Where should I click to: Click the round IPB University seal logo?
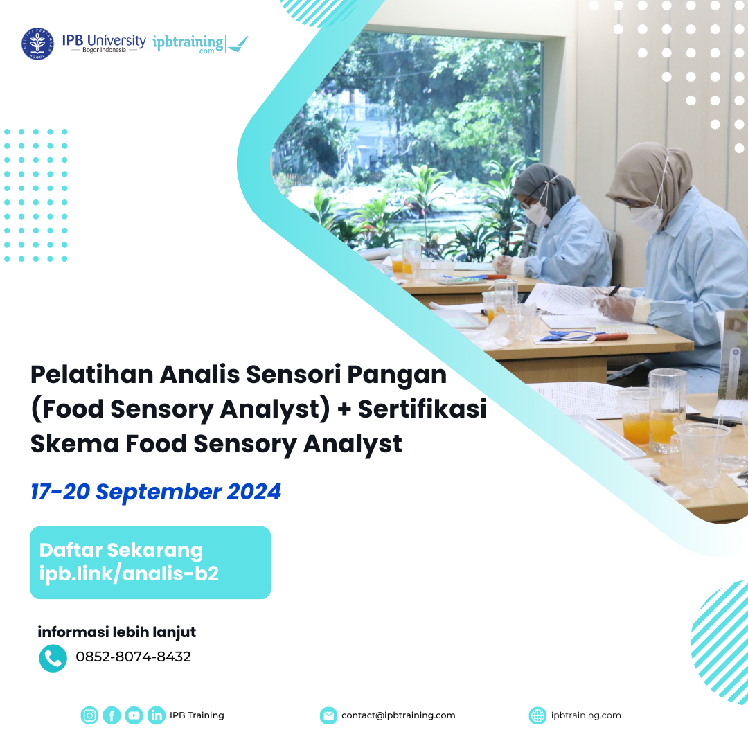click(37, 44)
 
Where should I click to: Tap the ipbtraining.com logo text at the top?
click(188, 44)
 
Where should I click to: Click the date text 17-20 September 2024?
click(156, 492)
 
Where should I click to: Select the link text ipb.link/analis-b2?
click(129, 573)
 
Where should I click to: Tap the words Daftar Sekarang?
click(121, 551)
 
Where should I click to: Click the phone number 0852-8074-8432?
click(133, 657)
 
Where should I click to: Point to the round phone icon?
click(53, 658)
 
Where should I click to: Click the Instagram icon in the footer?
click(89, 715)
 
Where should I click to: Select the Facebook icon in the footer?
click(112, 715)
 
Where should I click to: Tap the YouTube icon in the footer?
click(134, 715)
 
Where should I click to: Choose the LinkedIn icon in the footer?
click(157, 715)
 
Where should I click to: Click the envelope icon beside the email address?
click(328, 715)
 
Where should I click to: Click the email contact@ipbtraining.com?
click(398, 715)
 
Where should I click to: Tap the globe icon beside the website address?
click(537, 715)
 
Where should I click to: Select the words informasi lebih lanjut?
click(116, 632)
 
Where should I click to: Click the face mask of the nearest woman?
click(645, 219)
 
